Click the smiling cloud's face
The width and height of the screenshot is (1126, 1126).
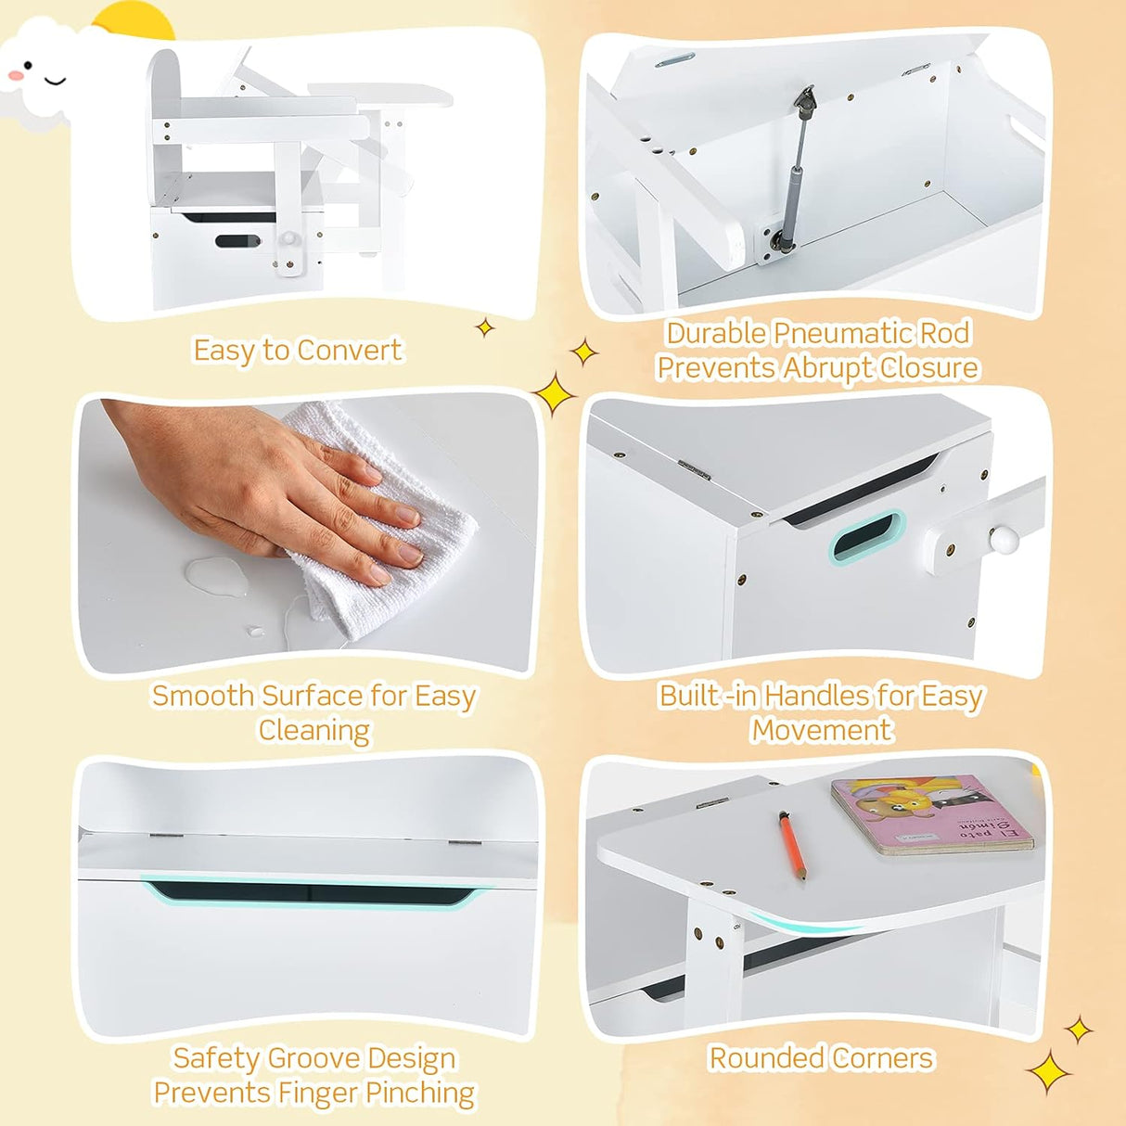pyautogui.click(x=39, y=74)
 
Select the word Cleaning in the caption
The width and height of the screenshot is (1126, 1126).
pyautogui.click(x=314, y=731)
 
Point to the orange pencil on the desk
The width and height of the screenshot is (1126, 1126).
pyautogui.click(x=792, y=845)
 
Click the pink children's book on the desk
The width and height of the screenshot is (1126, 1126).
pyautogui.click(x=930, y=814)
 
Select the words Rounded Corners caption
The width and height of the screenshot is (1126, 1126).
pyautogui.click(x=821, y=1058)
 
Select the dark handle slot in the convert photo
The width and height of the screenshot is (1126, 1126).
pyautogui.click(x=238, y=241)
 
